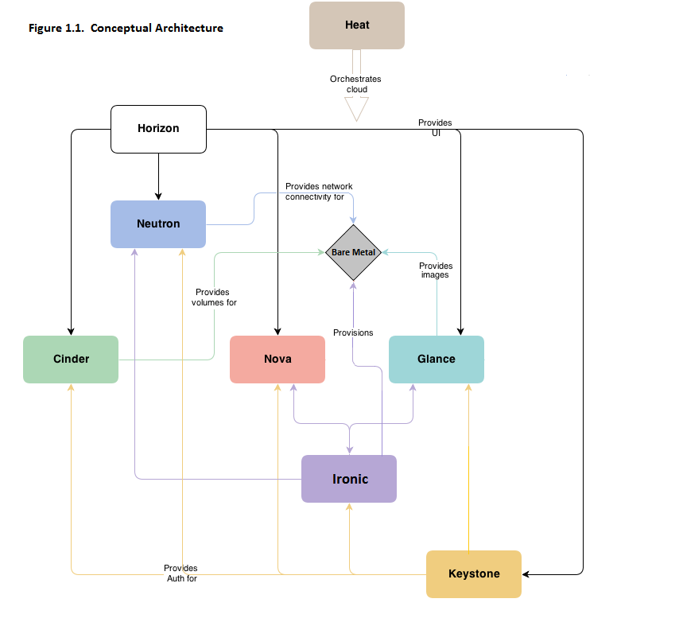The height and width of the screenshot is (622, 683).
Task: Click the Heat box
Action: [357, 25]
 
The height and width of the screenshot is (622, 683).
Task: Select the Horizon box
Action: [158, 129]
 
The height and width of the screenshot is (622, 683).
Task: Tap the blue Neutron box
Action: [158, 224]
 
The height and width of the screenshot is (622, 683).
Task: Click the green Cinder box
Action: [71, 360]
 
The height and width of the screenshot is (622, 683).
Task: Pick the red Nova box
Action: [277, 360]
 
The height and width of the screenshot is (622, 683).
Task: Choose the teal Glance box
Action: [437, 360]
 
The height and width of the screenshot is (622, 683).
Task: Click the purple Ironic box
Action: [349, 479]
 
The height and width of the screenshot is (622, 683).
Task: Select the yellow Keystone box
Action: [474, 574]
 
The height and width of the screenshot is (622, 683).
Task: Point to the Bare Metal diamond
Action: [353, 252]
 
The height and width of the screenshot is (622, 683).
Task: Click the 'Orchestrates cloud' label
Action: [356, 84]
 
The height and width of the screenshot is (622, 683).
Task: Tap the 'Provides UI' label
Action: [435, 128]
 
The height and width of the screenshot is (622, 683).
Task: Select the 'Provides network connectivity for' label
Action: [319, 192]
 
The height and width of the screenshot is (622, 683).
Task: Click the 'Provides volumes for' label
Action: [214, 297]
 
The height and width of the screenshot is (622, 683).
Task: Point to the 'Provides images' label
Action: [435, 270]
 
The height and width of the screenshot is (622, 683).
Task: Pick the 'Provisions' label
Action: [353, 332]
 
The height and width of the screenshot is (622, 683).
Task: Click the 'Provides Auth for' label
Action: [180, 573]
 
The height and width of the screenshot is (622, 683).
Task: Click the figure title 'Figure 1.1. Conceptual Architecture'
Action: [126, 29]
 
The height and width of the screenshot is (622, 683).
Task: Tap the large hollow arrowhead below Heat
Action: [357, 109]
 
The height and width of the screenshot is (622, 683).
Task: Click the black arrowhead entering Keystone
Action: [527, 574]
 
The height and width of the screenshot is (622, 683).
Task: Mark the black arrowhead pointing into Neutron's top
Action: [158, 196]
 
